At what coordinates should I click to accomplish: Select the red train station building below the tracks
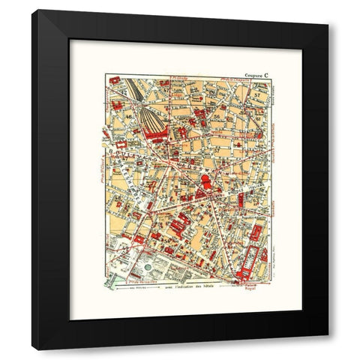click(x=157, y=134)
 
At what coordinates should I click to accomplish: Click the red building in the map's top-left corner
click(x=115, y=80)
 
